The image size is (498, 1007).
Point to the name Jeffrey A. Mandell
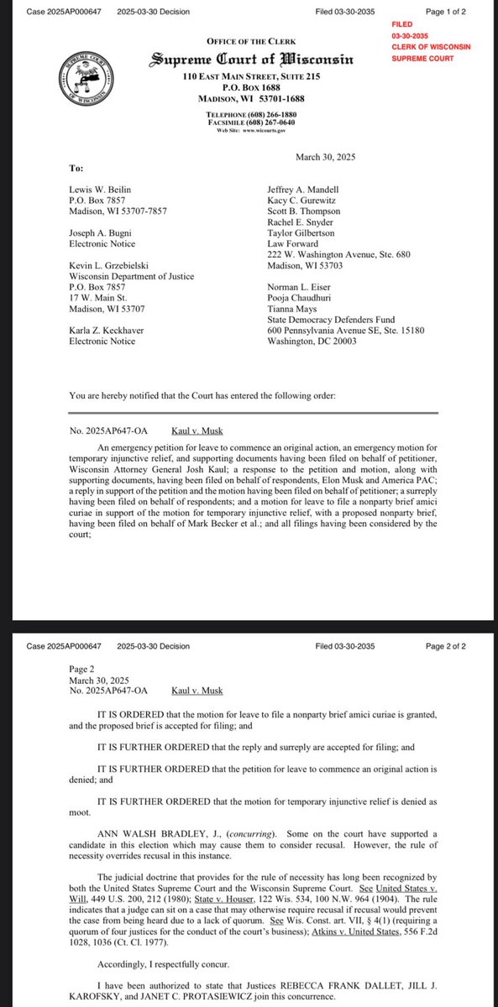coord(304,190)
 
